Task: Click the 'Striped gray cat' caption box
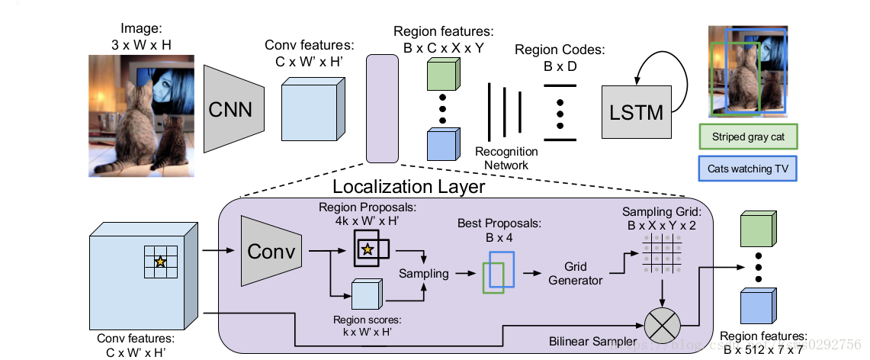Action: click(747, 137)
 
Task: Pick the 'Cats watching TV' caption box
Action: click(747, 169)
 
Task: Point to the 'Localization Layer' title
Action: click(408, 186)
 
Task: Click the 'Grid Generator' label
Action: click(576, 274)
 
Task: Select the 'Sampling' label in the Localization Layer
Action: click(423, 273)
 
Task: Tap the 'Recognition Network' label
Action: click(506, 157)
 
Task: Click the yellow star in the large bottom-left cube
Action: click(160, 262)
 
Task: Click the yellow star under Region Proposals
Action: click(368, 249)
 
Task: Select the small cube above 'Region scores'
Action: click(364, 294)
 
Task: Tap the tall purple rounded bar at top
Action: click(382, 108)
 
